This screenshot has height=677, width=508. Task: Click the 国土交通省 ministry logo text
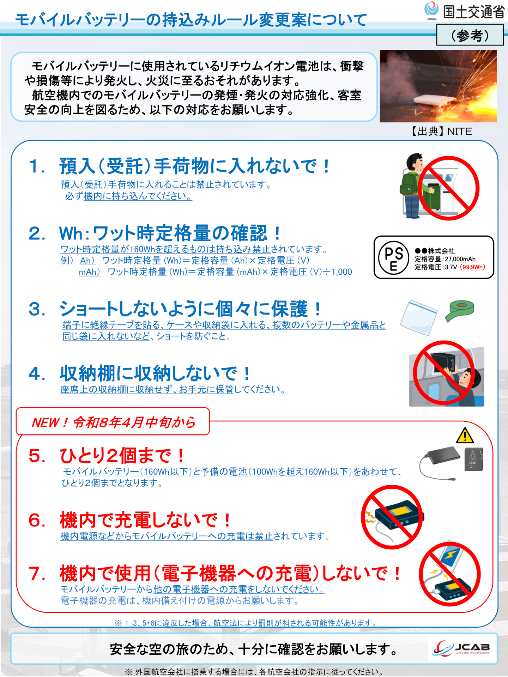coord(473,12)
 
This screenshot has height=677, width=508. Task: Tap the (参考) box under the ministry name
coord(470,35)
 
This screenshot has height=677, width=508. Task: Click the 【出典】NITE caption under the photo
coord(441,132)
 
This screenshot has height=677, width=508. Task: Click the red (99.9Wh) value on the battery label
coord(472,267)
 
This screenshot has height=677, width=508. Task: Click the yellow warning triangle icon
coord(465,436)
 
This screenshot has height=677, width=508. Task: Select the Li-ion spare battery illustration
coord(473,459)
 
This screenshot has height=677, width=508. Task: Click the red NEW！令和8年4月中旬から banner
coord(113,422)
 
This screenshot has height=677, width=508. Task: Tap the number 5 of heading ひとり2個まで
coord(37,456)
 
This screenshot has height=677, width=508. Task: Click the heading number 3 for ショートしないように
coord(37,309)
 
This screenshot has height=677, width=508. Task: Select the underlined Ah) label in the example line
coord(87,261)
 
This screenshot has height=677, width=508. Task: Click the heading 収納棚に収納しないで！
coord(155,373)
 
